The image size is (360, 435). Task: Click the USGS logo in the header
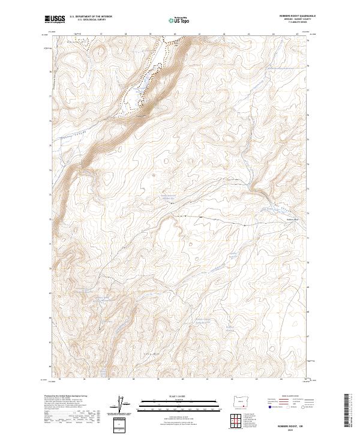click(x=55, y=20)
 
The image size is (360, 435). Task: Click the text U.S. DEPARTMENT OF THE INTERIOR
click(x=91, y=17)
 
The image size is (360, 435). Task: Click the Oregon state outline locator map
click(x=241, y=400)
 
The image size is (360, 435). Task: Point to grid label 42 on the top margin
click(x=224, y=34)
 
